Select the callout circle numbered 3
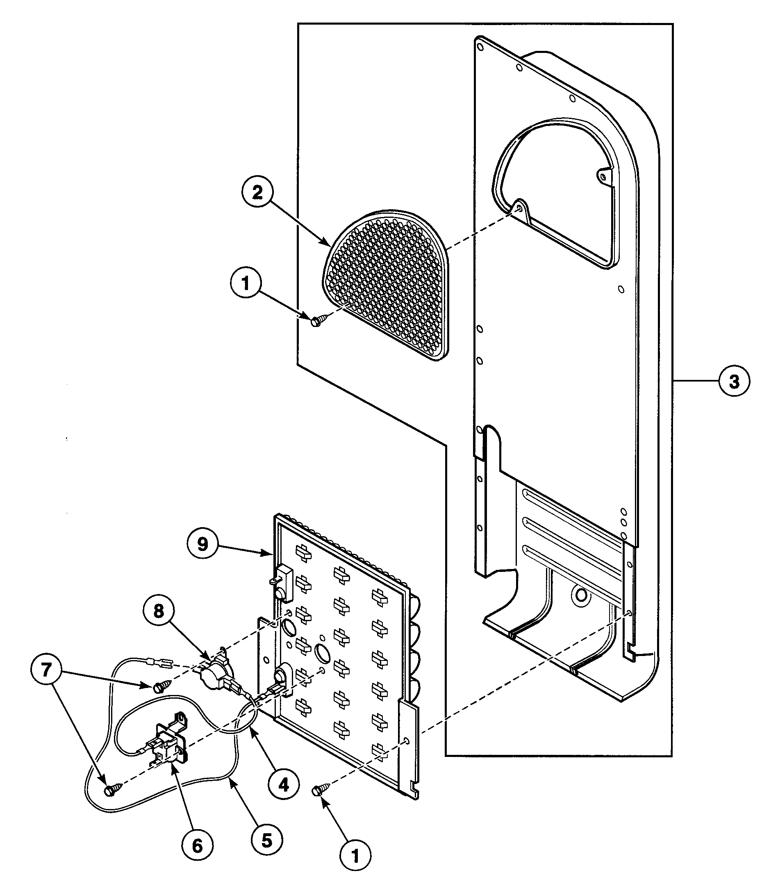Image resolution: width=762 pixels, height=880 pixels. [x=734, y=382]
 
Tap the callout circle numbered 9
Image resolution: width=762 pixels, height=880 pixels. [x=203, y=544]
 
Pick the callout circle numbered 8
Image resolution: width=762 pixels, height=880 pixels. [x=159, y=612]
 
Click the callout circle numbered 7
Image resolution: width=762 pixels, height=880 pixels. [x=46, y=670]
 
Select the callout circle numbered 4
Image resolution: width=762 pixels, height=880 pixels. [x=284, y=784]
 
